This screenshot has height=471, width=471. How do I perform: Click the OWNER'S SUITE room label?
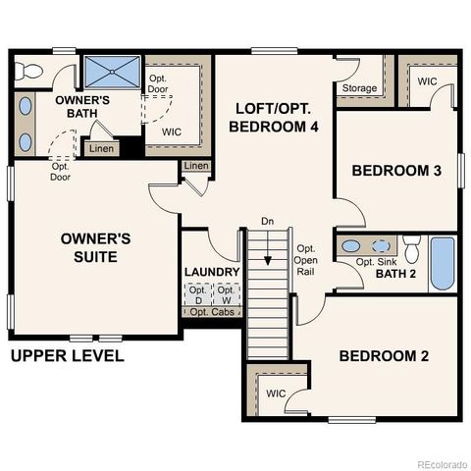pyautogui.click(x=88, y=247)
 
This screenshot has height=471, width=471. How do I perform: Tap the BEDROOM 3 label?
pyautogui.click(x=396, y=171)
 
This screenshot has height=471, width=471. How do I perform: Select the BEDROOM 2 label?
pyautogui.click(x=384, y=355)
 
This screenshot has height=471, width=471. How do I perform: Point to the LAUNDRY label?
pyautogui.click(x=211, y=272)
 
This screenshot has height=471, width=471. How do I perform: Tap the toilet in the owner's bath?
pyautogui.click(x=29, y=71)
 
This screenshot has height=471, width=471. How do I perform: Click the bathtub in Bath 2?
pyautogui.click(x=443, y=263)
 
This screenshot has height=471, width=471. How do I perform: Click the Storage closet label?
pyautogui.click(x=359, y=89)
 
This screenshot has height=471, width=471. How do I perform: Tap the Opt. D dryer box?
pyautogui.click(x=198, y=294)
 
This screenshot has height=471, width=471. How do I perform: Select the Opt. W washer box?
pyautogui.click(x=226, y=294)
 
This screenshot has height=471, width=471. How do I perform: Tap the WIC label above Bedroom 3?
pyautogui.click(x=428, y=81)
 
